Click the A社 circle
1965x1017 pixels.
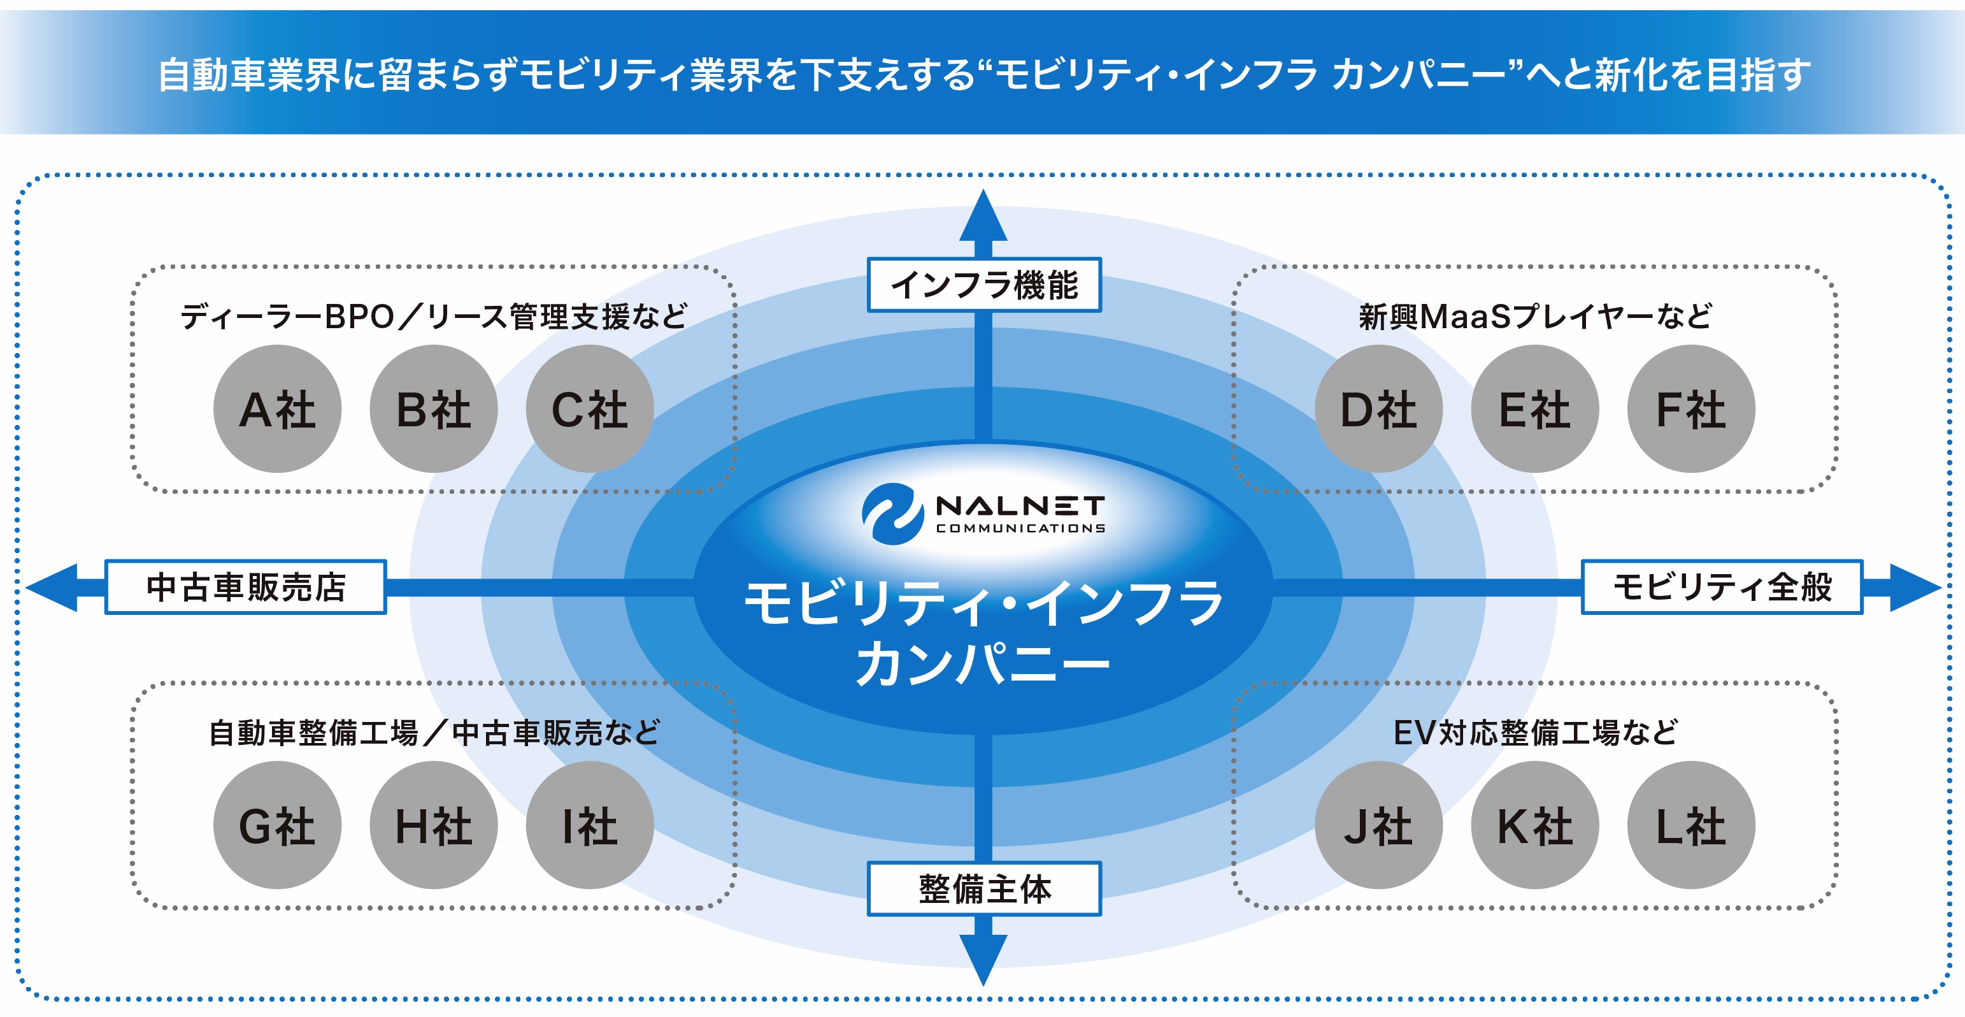(277, 409)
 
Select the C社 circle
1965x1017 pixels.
(590, 409)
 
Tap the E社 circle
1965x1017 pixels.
(1535, 409)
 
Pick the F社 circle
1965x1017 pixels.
(1691, 409)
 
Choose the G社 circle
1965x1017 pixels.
(277, 825)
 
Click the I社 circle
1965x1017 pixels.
(590, 825)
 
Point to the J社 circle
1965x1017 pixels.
(1378, 825)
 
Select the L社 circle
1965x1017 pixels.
(1691, 825)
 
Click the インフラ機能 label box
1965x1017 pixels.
(984, 285)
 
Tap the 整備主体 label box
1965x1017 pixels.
(984, 889)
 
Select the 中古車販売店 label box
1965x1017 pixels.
(246, 587)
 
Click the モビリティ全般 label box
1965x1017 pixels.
(1722, 587)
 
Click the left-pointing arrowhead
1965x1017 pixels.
(54, 588)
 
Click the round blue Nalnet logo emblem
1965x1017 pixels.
(888, 514)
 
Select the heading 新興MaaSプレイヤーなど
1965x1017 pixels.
(1535, 316)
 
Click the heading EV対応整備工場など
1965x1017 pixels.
(1535, 732)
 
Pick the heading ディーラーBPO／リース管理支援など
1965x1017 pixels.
(433, 316)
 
